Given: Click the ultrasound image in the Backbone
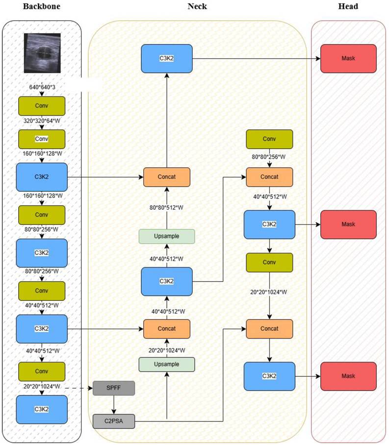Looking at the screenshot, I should pos(42,52).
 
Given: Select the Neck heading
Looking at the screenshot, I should pos(198,6).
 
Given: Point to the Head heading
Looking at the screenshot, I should pos(348,6).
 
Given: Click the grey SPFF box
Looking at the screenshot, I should pos(113,389).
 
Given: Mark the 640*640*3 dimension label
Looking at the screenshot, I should pos(42,87).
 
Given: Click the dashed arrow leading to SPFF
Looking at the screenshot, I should pos(78,389).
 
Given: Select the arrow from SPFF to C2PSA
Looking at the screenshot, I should pos(113,404).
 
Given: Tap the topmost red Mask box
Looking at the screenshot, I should pos(348,59).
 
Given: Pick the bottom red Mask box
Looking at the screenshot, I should pos(348,376).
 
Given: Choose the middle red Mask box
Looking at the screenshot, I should pos(348,224).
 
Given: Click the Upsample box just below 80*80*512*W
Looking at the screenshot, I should pos(167,236).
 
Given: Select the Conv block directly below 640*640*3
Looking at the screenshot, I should pos(42,105).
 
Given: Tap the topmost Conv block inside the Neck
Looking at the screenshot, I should pos(269,139).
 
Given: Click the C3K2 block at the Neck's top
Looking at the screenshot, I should pos(167,59).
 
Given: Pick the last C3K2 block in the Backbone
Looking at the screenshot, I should pos(42,410).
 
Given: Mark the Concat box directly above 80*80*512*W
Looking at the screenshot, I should pos(167,177).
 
